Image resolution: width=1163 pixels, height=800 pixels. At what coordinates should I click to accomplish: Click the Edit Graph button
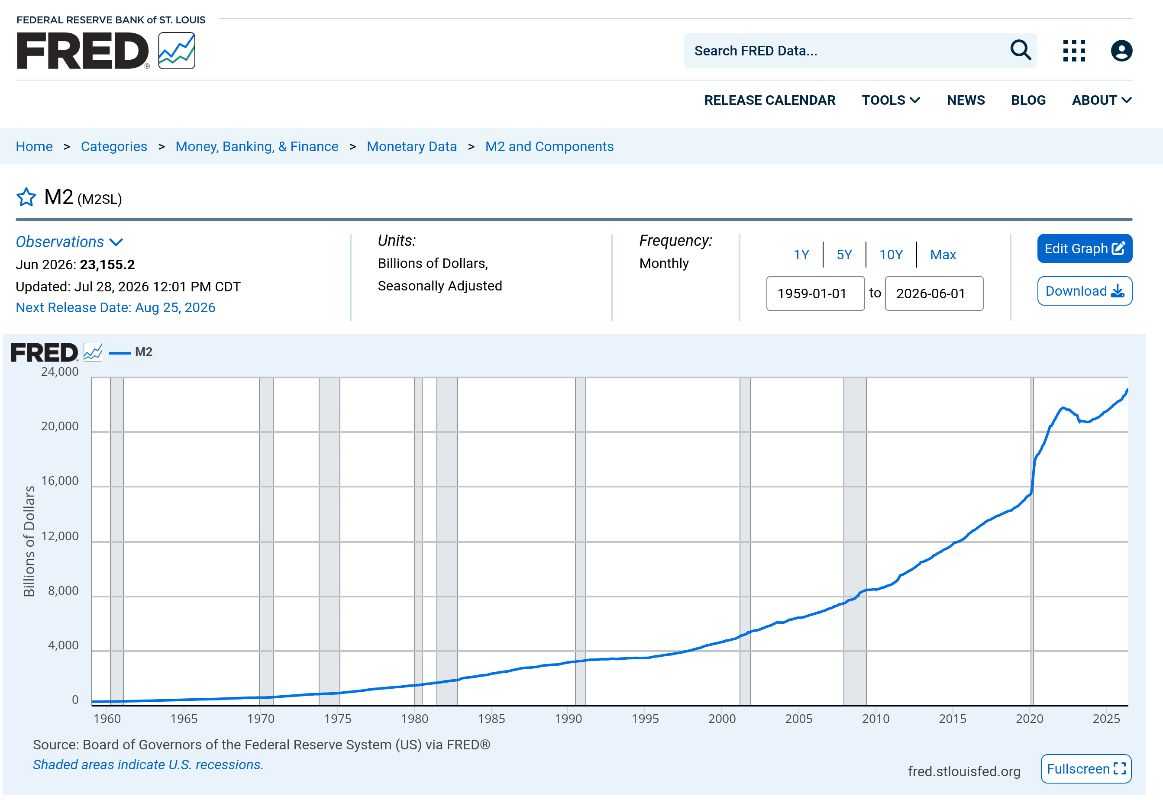click(x=1084, y=248)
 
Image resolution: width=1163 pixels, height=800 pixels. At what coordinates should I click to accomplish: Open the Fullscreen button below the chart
click(x=1086, y=768)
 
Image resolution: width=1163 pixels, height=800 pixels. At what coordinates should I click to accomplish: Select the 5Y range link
click(x=844, y=255)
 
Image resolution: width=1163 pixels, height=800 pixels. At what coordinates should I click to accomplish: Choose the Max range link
click(x=943, y=255)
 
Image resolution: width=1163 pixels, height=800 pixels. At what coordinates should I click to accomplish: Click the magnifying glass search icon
click(x=1020, y=50)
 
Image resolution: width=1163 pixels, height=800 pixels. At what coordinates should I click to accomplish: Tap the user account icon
click(x=1121, y=51)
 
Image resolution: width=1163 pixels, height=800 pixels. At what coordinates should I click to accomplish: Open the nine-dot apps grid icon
click(x=1074, y=51)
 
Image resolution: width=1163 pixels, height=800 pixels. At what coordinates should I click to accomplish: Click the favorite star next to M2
click(x=26, y=197)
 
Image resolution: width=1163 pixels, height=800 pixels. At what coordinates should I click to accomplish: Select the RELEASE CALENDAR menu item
click(x=769, y=100)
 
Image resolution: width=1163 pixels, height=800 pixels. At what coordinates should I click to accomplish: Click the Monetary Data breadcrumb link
click(x=412, y=146)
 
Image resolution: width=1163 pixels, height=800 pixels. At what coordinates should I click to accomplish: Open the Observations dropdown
click(x=69, y=242)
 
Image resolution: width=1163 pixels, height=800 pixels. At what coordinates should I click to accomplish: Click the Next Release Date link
click(x=115, y=307)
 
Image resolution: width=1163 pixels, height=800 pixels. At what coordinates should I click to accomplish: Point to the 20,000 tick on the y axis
click(x=60, y=426)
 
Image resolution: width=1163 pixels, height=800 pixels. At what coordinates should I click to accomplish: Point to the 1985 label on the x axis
click(x=491, y=718)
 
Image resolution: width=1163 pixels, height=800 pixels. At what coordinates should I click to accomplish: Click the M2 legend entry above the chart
click(x=131, y=352)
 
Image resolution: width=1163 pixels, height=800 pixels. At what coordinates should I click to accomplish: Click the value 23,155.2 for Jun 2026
click(x=107, y=265)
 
